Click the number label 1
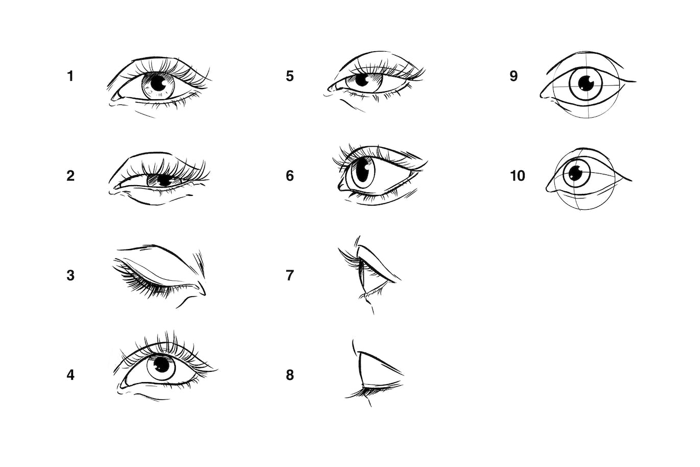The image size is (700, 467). (x=70, y=76)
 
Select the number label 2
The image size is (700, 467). (x=70, y=176)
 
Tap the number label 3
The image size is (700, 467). (x=70, y=276)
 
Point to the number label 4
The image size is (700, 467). (x=70, y=375)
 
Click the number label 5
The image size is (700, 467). (x=290, y=76)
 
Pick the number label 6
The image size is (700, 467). (x=290, y=176)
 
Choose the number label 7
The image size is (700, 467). (x=290, y=276)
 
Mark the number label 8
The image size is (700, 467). (x=290, y=375)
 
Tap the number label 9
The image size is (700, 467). (x=514, y=76)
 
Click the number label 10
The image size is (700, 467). (x=517, y=176)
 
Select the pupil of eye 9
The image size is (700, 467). (x=586, y=83)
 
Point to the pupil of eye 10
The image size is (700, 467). (x=576, y=173)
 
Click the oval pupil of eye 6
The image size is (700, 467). (x=365, y=171)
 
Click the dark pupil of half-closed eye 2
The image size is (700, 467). (x=164, y=180)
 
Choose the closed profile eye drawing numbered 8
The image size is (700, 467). (x=376, y=373)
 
